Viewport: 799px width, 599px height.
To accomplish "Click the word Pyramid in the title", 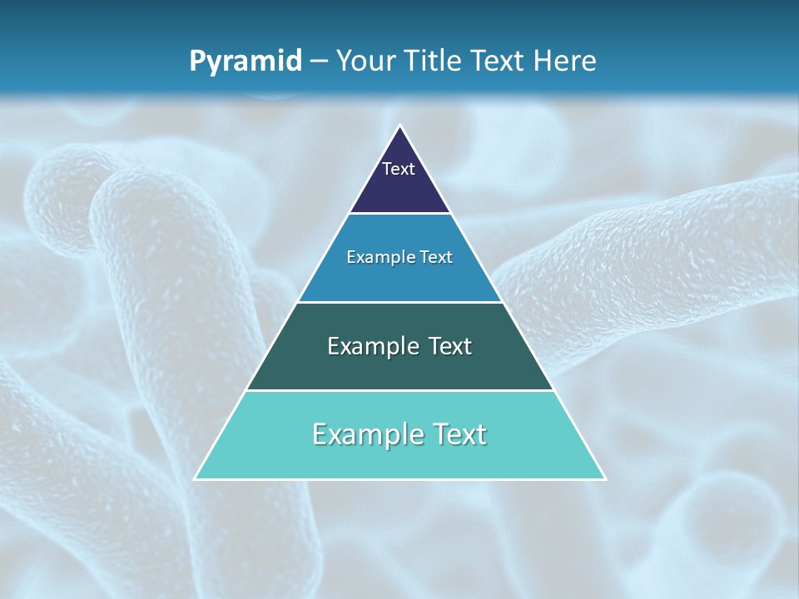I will (x=245, y=62).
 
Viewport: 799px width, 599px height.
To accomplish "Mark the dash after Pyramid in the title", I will (x=319, y=62).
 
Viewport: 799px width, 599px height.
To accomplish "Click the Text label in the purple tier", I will (x=399, y=169).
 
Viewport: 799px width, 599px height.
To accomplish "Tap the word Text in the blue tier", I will (x=436, y=257).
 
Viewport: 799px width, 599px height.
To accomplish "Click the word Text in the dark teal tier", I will (x=449, y=346).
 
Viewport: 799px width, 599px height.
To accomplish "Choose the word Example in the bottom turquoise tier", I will (x=362, y=434).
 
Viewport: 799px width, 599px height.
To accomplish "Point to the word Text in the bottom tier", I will (x=458, y=434).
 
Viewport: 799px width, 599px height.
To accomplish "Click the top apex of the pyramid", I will (x=399, y=126).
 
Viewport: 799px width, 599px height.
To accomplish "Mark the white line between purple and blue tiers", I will (x=399, y=214).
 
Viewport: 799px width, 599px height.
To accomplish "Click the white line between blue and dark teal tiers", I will (x=399, y=302).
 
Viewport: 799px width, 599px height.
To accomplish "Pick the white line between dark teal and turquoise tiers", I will (x=399, y=390).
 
